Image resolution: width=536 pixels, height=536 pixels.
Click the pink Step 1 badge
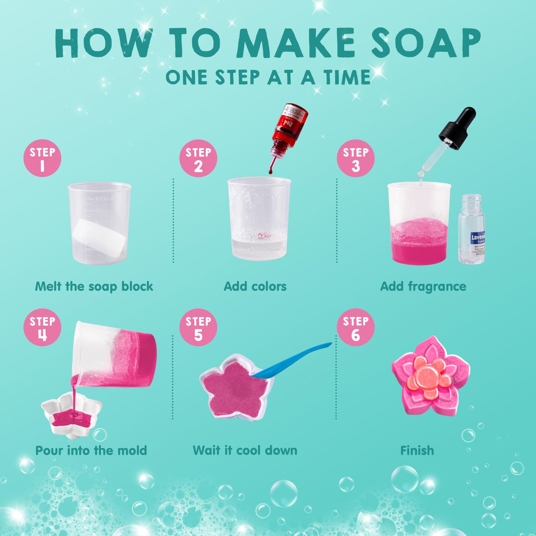42,159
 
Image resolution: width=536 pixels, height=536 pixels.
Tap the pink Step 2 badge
198,159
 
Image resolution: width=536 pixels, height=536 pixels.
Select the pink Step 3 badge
355,159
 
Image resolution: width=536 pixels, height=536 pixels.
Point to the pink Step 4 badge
42,328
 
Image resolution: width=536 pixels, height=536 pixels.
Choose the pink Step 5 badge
198,328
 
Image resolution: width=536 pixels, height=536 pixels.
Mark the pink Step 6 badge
355,328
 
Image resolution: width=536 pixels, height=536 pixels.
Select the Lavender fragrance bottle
472,231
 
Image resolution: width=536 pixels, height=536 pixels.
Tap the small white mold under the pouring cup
71,415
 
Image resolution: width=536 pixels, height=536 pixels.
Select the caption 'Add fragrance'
423,287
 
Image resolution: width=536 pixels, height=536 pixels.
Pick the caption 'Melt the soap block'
94,287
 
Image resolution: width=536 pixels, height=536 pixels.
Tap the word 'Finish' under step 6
417,451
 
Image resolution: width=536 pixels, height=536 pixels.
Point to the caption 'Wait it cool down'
245,451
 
